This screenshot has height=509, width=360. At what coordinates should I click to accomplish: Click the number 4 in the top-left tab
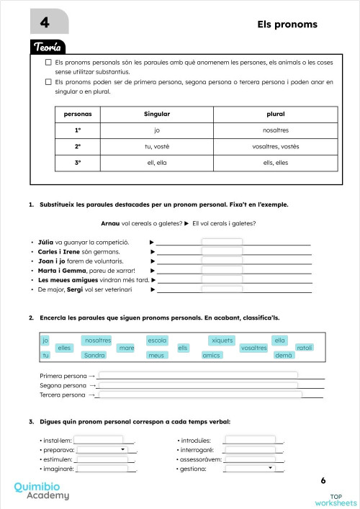tap(45, 23)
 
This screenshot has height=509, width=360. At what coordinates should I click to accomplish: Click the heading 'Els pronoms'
tap(287, 24)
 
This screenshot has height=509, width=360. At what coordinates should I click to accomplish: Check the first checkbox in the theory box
tap(48, 63)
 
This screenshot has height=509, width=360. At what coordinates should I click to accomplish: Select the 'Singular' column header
tap(156, 114)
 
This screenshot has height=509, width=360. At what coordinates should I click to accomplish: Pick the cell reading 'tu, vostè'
tap(156, 146)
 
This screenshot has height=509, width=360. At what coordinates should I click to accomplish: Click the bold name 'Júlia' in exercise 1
tap(46, 243)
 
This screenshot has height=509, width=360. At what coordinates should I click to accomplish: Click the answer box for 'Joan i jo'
tap(222, 261)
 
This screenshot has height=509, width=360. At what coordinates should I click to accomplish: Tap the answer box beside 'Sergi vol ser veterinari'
tap(222, 289)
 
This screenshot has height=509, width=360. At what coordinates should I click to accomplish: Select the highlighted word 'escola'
tap(157, 340)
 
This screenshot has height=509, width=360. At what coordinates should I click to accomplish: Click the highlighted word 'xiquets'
tap(221, 340)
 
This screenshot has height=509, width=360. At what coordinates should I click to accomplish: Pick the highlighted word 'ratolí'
tap(305, 348)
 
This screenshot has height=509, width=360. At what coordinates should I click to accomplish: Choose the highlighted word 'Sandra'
tap(94, 356)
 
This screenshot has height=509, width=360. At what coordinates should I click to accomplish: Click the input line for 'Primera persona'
tap(198, 376)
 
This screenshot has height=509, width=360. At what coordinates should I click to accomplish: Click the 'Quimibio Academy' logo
tap(42, 491)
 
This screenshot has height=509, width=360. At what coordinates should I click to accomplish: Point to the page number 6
tap(323, 480)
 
